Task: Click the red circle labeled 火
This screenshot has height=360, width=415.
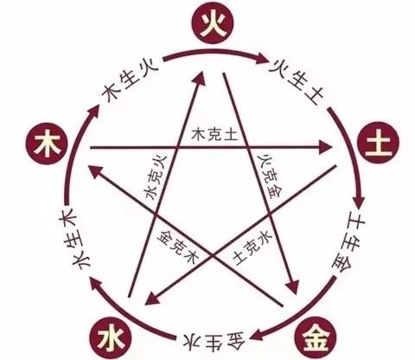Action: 213,23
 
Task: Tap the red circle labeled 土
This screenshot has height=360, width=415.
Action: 378,144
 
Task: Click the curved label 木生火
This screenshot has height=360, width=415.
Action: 130,81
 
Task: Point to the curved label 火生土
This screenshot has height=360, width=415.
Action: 296,81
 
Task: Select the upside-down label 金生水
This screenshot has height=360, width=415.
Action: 214,341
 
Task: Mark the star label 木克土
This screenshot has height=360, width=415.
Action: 214,134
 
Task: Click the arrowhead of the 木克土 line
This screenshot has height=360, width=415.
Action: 326,148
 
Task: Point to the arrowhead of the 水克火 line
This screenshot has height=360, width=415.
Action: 200,79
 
